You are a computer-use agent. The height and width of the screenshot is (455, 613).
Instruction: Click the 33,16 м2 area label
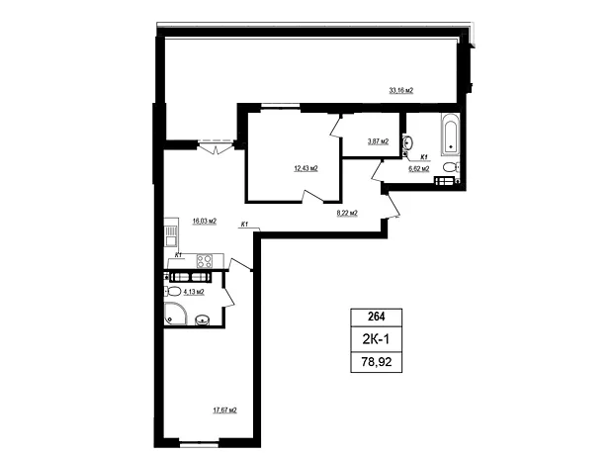tap(400, 90)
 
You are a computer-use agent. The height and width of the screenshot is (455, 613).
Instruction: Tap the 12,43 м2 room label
tap(306, 168)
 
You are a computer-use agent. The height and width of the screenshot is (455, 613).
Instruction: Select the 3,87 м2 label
tap(378, 141)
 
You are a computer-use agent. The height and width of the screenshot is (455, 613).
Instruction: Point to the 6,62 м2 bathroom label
tap(418, 169)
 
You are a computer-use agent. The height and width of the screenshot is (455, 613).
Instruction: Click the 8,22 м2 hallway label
tap(347, 214)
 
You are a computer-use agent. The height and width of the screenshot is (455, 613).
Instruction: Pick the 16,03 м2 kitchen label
tap(205, 222)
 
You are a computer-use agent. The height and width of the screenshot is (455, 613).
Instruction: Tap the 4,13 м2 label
tap(194, 292)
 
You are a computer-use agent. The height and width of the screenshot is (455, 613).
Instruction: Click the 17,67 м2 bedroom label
tap(224, 410)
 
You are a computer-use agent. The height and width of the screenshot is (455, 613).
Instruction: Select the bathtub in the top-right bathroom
tap(451, 135)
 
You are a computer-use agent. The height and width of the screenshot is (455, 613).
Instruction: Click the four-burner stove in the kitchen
tap(205, 261)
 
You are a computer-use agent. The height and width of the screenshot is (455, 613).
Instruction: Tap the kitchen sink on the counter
tap(171, 236)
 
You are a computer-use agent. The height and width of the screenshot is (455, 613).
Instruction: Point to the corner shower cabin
tap(176, 314)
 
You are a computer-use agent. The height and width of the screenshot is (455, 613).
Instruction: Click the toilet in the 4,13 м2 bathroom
tap(172, 291)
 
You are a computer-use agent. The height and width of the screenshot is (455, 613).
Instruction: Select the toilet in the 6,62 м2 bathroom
tap(452, 167)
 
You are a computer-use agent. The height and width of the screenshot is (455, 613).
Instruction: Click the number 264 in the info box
tap(376, 317)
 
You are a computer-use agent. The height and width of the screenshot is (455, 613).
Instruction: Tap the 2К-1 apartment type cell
tap(376, 339)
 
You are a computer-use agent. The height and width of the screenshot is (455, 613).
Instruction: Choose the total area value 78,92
tap(376, 362)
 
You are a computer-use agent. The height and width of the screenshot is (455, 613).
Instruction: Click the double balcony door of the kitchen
tap(217, 145)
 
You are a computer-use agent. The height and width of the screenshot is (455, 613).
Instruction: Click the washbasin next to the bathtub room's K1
tap(408, 142)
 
